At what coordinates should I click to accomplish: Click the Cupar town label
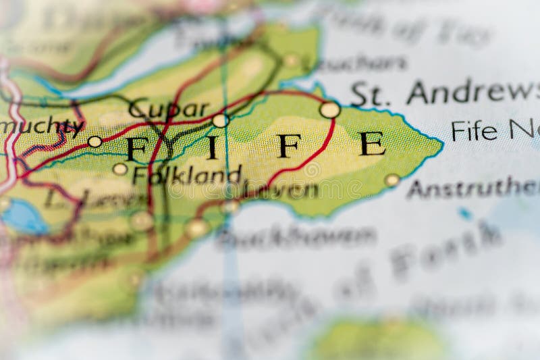pyautogui.click(x=169, y=109)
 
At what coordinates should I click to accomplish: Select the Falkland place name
pyautogui.click(x=187, y=175)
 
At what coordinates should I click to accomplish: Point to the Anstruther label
pyautogui.click(x=473, y=188)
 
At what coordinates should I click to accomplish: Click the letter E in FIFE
pyautogui.click(x=372, y=144)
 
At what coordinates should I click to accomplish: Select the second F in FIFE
pyautogui.click(x=289, y=145)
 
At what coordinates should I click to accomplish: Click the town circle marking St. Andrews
pyautogui.click(x=329, y=109)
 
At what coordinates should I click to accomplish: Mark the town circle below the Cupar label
pyautogui.click(x=219, y=121)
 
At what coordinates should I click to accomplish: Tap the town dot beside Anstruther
pyautogui.click(x=392, y=180)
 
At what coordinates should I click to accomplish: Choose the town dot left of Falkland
pyautogui.click(x=120, y=169)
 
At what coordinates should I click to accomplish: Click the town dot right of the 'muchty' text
pyautogui.click(x=95, y=141)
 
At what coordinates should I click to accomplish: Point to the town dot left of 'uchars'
pyautogui.click(x=292, y=61)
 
